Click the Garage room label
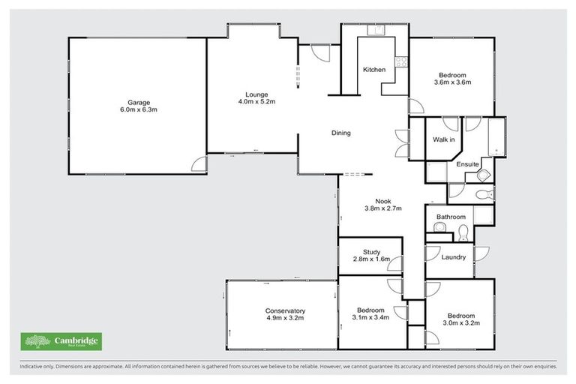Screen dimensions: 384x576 (x=138, y=102)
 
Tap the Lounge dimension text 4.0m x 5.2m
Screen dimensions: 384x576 (x=253, y=102)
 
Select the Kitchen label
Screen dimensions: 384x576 (x=374, y=70)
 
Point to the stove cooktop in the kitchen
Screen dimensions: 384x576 (x=400, y=64)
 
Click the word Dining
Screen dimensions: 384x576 (x=341, y=133)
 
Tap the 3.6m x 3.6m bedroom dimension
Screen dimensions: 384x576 (x=452, y=83)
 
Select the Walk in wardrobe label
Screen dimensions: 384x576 (x=444, y=140)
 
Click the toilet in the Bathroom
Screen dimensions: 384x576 (x=463, y=230)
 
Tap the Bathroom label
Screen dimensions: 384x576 (x=451, y=217)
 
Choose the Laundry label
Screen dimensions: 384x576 (x=454, y=257)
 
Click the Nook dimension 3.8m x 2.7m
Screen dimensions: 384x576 (x=373, y=208)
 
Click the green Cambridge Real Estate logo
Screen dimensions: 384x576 (x=61, y=342)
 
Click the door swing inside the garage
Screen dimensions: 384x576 (x=197, y=164)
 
